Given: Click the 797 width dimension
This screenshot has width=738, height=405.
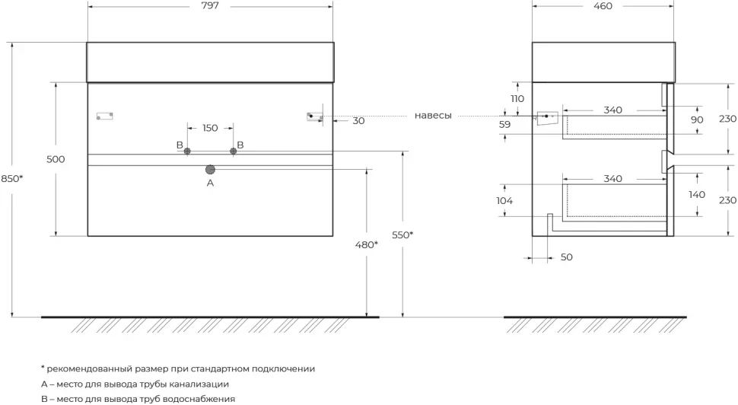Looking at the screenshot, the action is [x=210, y=6].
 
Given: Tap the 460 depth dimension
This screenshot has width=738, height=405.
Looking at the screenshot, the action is [x=603, y=6].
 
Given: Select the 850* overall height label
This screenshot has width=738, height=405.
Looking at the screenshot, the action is [x=11, y=178].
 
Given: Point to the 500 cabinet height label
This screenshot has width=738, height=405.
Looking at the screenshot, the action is [x=56, y=159].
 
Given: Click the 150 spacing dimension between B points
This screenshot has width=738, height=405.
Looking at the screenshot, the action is [x=210, y=128].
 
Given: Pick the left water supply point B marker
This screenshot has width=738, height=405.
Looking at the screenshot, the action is [x=187, y=151].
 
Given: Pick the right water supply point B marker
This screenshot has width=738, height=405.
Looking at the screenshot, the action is [x=233, y=151].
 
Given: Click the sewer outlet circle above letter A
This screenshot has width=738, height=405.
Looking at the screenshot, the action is [x=211, y=170].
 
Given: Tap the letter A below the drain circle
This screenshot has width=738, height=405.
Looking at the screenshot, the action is [x=211, y=183].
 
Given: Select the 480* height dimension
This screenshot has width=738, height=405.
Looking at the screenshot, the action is [x=367, y=245].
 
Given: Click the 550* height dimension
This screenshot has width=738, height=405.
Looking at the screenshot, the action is [x=402, y=235].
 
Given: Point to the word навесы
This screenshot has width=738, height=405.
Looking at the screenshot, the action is [x=433, y=116].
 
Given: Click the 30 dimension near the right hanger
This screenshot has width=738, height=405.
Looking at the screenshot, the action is [x=358, y=121].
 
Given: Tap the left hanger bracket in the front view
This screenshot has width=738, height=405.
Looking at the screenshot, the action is [x=104, y=116].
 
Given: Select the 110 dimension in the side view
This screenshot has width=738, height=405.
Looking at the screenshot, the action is [x=517, y=99].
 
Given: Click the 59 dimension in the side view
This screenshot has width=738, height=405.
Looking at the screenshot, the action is [x=504, y=125].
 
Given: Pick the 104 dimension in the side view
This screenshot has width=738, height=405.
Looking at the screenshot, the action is [x=504, y=201].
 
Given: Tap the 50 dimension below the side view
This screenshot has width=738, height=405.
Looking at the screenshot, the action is [x=567, y=257].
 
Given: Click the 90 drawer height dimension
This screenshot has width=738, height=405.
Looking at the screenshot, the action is [x=697, y=120].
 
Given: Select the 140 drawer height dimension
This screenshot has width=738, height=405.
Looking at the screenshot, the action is [x=697, y=194].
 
